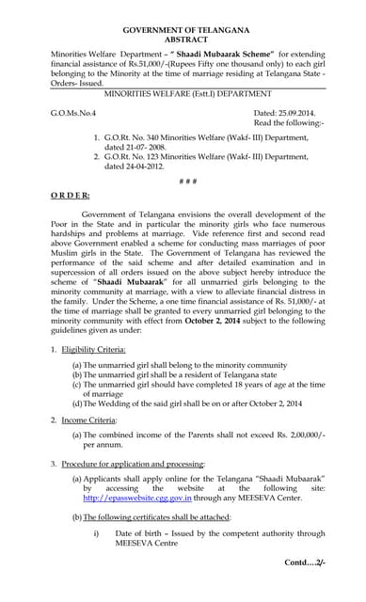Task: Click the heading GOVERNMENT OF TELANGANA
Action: point(183,32)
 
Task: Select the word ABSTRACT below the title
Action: point(183,42)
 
